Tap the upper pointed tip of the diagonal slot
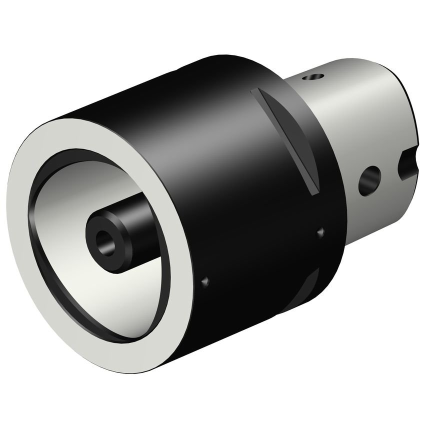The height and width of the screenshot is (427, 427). (x=256, y=92)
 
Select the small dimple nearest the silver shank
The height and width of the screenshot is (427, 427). (x=320, y=232)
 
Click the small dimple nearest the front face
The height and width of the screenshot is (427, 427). (x=204, y=282)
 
